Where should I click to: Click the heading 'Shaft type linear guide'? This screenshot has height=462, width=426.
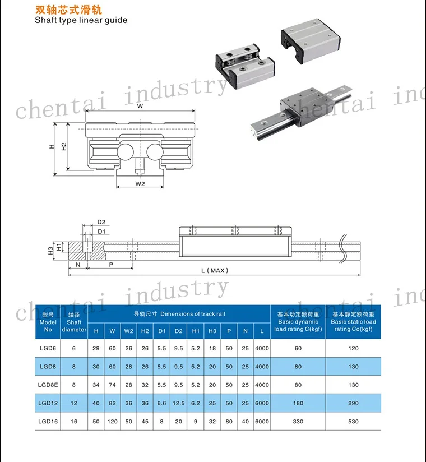point(81,20)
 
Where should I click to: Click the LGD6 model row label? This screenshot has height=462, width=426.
point(48,348)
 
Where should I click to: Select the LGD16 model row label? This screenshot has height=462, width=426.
point(48,421)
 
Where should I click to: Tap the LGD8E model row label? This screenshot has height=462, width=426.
point(48,385)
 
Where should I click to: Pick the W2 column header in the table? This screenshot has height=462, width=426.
point(128,331)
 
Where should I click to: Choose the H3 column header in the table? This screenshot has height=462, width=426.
point(212,331)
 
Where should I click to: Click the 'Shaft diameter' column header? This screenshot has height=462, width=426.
point(74,322)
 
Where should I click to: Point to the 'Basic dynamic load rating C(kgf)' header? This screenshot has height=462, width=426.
point(297,322)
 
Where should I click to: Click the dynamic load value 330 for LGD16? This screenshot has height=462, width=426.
point(298,421)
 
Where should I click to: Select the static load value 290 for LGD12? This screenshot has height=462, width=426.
point(353,403)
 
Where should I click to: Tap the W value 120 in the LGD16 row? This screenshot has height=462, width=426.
point(112,421)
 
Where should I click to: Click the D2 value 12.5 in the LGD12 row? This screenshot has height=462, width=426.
point(179,403)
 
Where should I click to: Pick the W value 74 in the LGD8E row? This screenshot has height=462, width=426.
point(112,385)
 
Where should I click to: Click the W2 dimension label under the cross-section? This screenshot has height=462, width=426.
point(140,183)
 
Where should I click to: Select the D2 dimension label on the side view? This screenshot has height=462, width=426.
point(101,222)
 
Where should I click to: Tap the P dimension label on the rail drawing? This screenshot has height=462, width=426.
point(110,264)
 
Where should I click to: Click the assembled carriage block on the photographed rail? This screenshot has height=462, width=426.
point(306,105)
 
